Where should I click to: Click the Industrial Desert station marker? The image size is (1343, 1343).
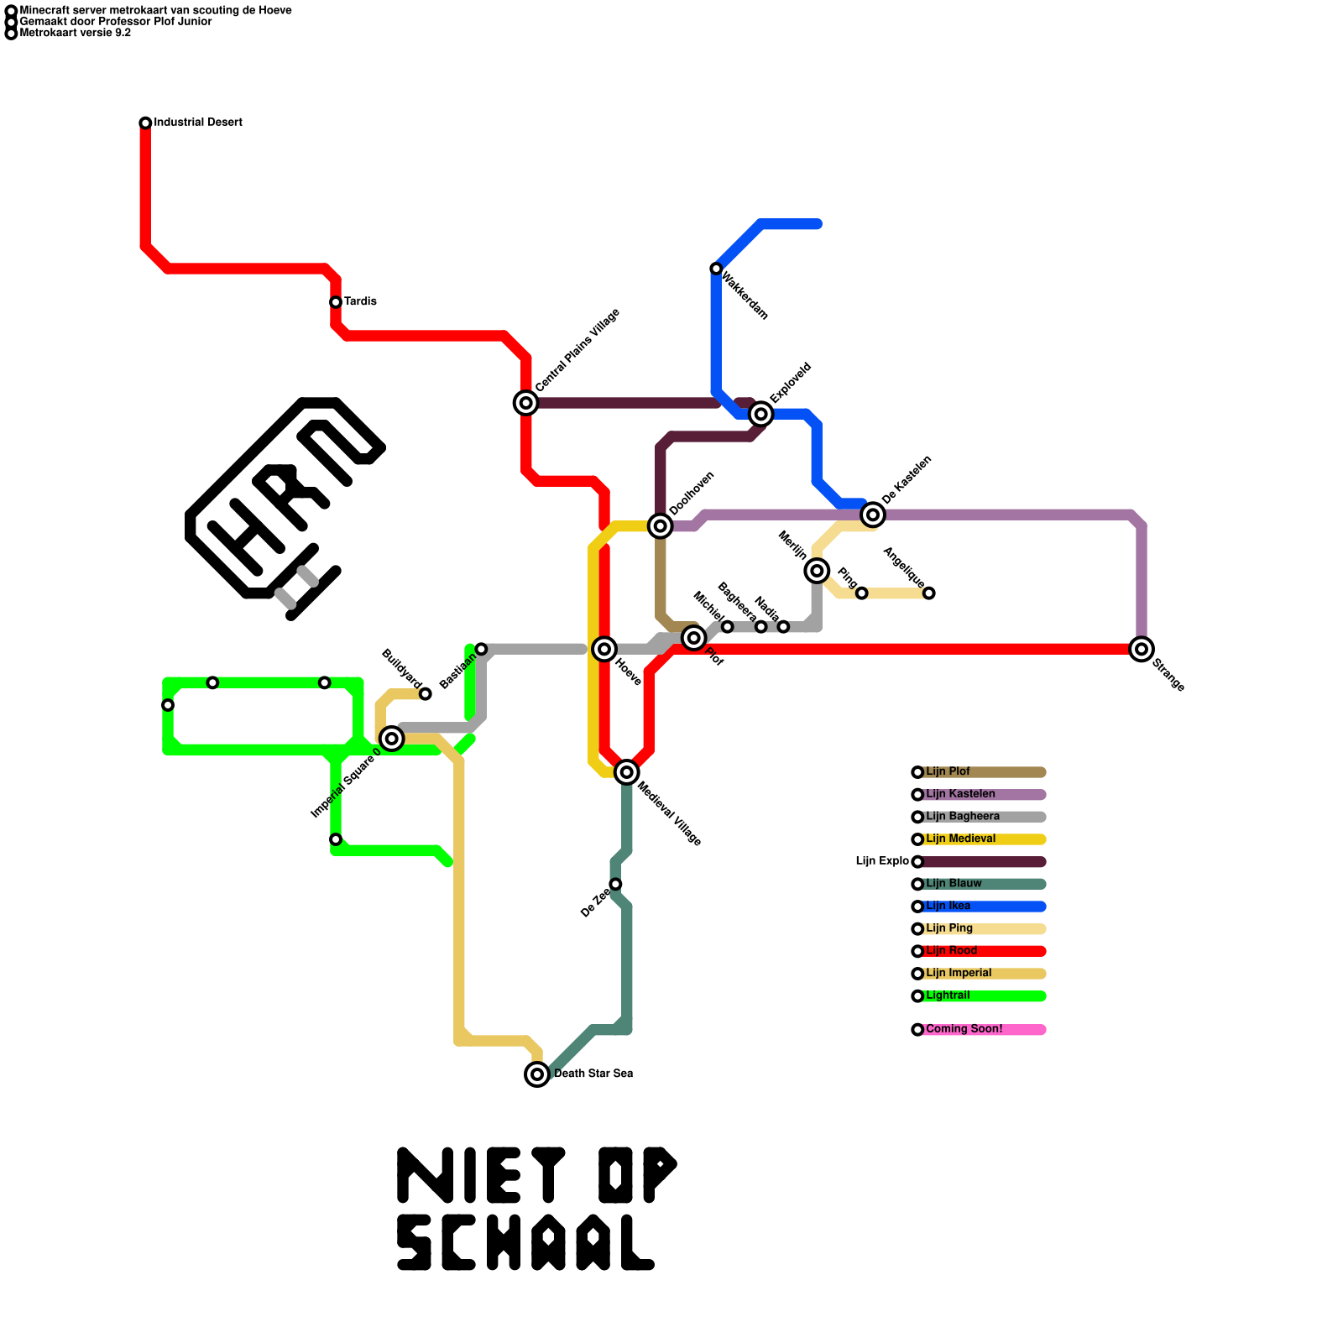(x=145, y=123)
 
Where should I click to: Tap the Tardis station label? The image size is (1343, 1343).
(x=360, y=301)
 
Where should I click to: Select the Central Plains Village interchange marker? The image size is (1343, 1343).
(x=525, y=403)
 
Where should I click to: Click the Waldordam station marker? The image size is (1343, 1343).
(x=716, y=269)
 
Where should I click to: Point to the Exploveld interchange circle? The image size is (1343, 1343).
(x=760, y=414)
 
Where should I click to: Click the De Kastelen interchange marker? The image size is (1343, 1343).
(x=873, y=515)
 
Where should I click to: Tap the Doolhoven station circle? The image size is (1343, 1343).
(x=661, y=525)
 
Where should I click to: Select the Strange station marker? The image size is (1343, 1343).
(x=1141, y=649)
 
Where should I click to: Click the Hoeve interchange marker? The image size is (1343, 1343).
(x=604, y=649)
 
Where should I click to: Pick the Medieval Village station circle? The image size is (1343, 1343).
(x=626, y=772)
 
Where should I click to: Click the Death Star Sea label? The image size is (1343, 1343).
(x=593, y=1074)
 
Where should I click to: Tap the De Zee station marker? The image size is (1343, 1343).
(x=615, y=884)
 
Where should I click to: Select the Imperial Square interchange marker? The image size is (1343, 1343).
(x=391, y=739)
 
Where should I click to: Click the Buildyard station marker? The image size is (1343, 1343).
(x=426, y=694)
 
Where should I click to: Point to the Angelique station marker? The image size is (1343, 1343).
(x=929, y=593)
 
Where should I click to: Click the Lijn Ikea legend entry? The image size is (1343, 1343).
(x=948, y=907)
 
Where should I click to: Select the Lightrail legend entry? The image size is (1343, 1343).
(x=948, y=995)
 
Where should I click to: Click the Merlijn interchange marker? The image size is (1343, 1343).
(x=817, y=571)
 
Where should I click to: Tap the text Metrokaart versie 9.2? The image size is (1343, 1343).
(x=75, y=34)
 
